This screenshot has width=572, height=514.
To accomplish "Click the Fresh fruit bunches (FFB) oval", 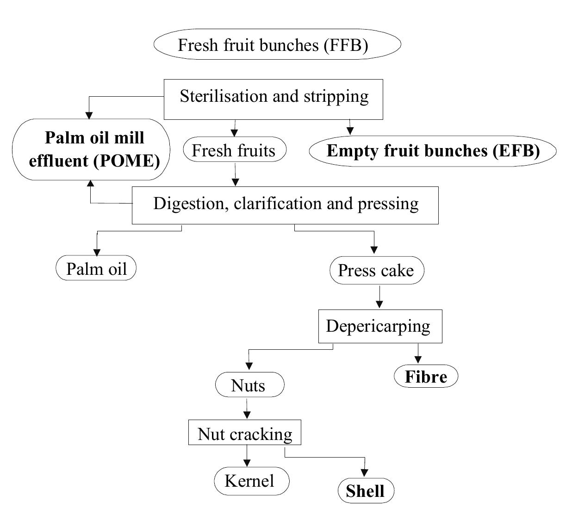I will tap(277, 44).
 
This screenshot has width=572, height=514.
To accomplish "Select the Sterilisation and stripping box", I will tap(274, 99).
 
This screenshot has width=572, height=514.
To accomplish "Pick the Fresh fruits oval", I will tap(235, 149).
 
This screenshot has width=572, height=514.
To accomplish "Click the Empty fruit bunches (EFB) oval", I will tap(432, 151).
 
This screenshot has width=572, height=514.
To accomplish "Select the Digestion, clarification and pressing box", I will tap(285, 205).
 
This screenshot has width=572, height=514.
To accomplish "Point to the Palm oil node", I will tap(96, 268).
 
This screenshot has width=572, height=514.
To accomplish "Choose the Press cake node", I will tap(376, 270).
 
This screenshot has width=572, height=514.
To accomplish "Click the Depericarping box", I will tap(380, 326).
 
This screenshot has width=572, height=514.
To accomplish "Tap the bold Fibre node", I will tap(426, 376).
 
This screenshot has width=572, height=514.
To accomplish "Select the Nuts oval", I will tap(249, 384).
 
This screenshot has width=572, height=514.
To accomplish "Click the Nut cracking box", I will tap(244, 433).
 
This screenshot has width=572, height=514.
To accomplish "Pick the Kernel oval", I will tap(251, 481).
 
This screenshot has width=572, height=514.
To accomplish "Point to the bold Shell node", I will tap(366, 491).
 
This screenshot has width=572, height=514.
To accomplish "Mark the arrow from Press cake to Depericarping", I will tap(379, 297).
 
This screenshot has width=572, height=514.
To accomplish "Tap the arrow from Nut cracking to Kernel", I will tap(247, 456).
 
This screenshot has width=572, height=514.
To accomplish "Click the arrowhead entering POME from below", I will tap(91, 184).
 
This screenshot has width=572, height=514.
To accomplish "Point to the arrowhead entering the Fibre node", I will tap(418, 359).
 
